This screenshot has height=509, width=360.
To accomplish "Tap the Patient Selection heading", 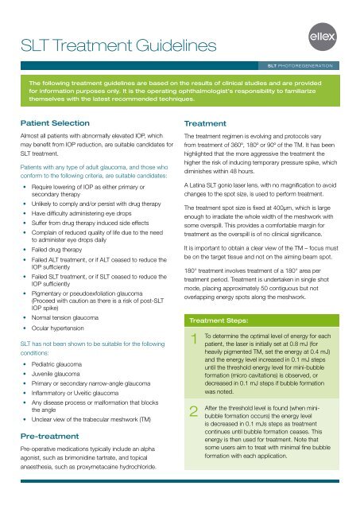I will click(60, 124).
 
